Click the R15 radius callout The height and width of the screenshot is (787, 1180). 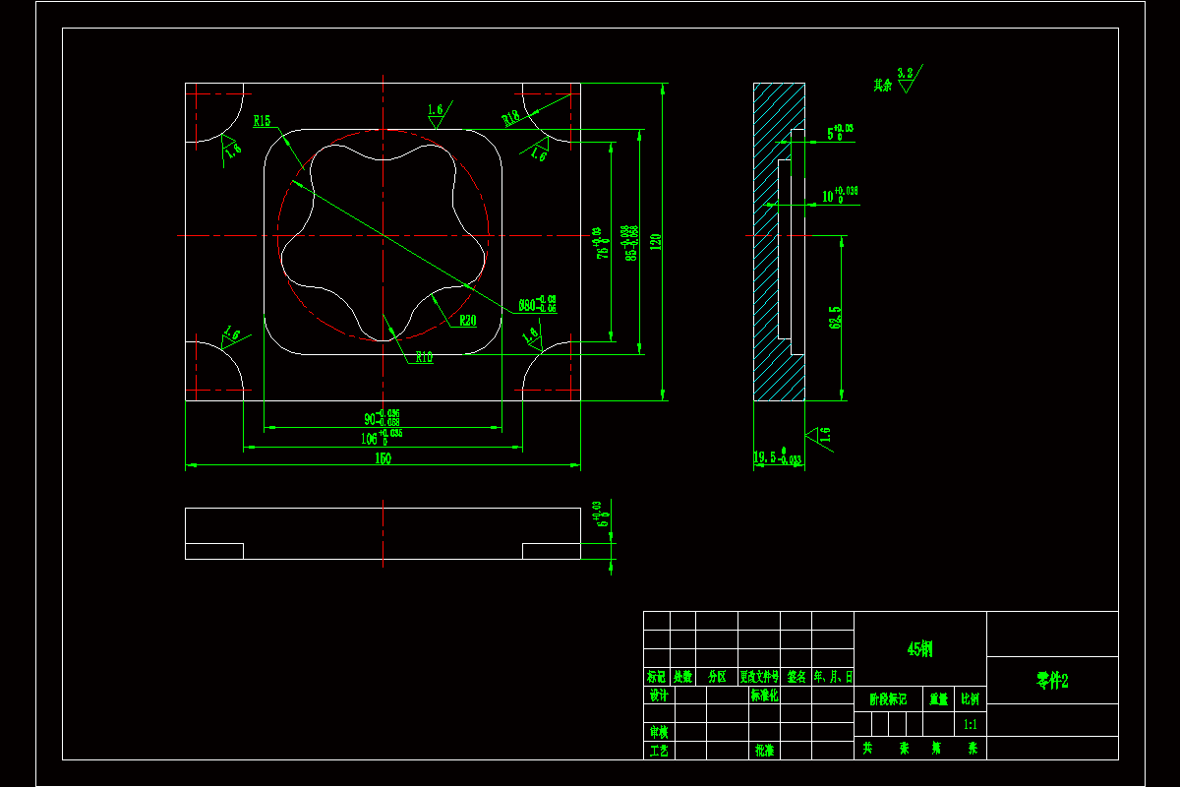pos(262,122)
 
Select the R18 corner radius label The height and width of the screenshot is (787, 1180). pos(510,118)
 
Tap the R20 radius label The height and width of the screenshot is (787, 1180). pos(467,320)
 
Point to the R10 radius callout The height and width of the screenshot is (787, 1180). pos(424,357)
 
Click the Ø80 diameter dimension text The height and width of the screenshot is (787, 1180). pos(537,304)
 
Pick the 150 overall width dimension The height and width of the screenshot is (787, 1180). pos(383,458)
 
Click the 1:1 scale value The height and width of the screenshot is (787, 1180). pos(971,724)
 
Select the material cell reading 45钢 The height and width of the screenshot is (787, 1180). pos(919,649)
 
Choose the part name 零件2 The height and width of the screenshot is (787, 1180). pos(1051,681)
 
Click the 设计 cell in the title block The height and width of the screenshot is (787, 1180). pos(658,696)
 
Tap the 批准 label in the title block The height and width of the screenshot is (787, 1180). pos(764,750)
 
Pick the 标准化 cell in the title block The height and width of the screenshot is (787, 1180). pos(764,696)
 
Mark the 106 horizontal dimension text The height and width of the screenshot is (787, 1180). pos(382,438)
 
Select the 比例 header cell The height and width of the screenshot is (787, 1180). pos(971,699)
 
